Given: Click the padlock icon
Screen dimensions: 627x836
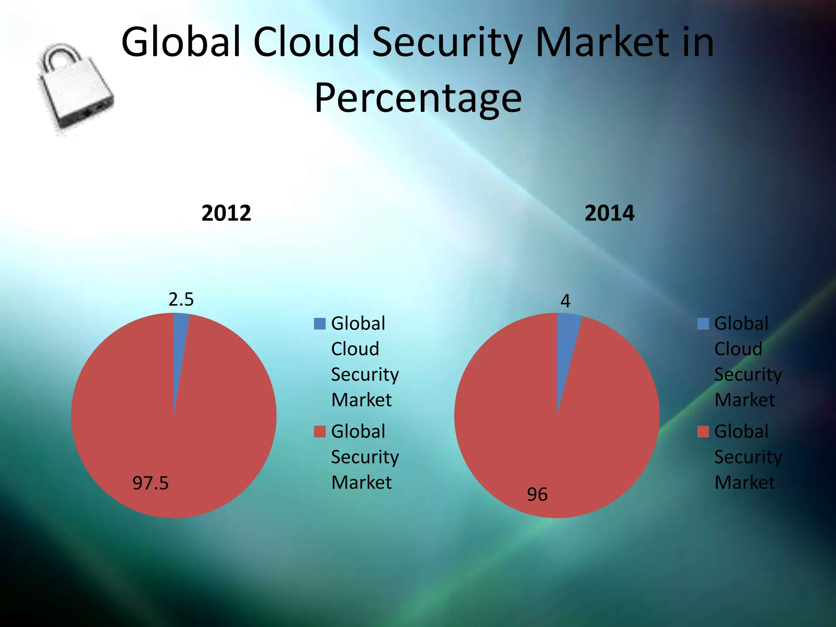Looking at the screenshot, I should [x=76, y=90].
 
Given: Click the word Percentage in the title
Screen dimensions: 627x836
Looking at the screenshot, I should [x=418, y=98].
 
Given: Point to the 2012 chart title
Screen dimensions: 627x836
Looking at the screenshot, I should [x=226, y=213].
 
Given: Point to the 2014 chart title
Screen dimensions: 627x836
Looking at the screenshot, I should [x=609, y=213].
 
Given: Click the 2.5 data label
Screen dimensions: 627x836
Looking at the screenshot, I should [x=181, y=300].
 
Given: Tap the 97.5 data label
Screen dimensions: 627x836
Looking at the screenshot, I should [x=150, y=483].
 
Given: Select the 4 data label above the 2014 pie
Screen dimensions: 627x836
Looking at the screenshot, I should [x=565, y=301].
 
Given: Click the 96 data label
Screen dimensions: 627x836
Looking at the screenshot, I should [x=537, y=495].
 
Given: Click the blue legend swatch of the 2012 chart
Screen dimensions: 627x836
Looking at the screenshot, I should [x=320, y=324].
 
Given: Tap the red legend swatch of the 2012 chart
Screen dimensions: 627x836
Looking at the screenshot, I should [x=320, y=431].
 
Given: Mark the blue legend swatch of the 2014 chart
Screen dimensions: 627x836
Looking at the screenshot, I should [x=703, y=324].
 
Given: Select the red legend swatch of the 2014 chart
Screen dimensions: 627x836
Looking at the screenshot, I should [x=703, y=431].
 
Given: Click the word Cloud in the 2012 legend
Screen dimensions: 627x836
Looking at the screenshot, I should [x=355, y=349].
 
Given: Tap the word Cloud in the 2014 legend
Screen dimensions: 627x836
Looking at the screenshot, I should [x=738, y=349].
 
